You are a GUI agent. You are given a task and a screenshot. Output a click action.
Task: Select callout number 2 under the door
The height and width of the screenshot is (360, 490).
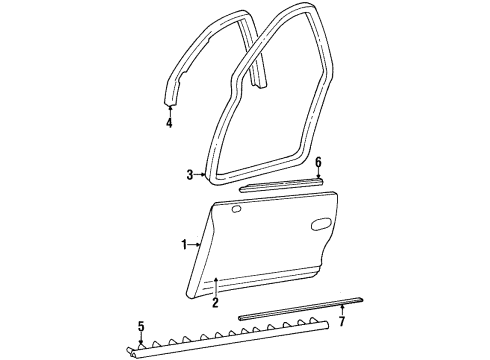(215, 301)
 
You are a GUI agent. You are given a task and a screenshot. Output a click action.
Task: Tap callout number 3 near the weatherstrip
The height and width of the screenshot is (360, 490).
(189, 176)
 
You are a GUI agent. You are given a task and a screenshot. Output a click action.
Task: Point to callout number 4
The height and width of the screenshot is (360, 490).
(169, 124)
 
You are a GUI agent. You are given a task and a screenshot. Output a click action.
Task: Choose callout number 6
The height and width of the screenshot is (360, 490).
(319, 161)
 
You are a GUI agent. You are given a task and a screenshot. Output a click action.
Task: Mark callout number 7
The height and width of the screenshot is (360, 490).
(341, 323)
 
